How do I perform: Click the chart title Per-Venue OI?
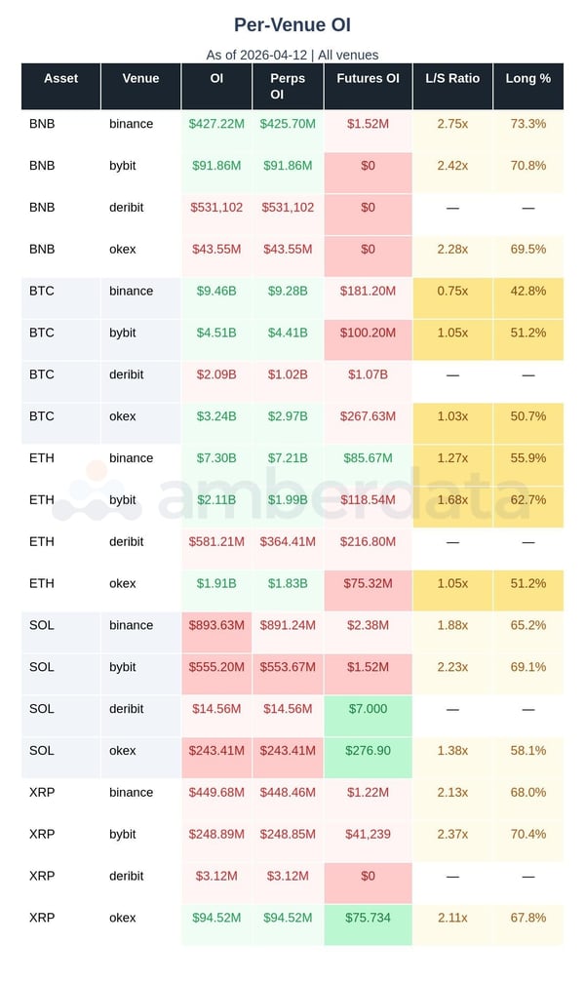292,24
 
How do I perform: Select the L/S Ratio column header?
452,78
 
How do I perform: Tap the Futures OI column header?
368,78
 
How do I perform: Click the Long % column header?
527,78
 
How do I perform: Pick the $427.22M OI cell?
216,124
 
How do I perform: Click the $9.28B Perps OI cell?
288,291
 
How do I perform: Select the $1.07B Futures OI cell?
368,374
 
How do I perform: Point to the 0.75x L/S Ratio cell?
452,291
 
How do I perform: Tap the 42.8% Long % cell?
527,291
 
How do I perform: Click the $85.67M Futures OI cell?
368,458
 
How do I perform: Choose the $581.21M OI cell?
216,541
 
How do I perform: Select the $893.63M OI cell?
216,625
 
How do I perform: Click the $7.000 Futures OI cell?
368,709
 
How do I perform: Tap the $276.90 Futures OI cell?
368,751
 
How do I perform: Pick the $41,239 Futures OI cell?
368,834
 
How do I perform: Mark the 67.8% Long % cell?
527,918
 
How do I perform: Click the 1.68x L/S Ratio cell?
452,499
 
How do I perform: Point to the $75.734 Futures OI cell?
368,918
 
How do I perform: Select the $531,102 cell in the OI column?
216,208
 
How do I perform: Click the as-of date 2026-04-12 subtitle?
292,55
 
